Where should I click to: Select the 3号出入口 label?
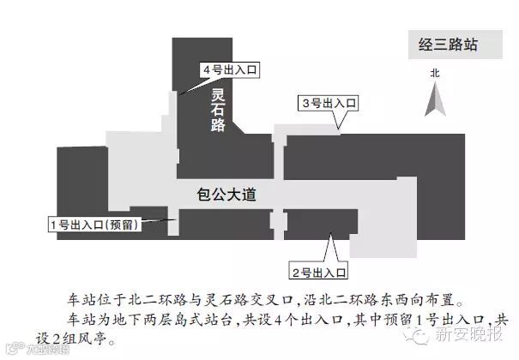click(329, 104)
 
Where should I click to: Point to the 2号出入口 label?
click(318, 273)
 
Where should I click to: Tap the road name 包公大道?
click(227, 195)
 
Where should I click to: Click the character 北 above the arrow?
click(434, 75)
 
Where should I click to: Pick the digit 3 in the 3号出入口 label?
click(306, 104)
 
